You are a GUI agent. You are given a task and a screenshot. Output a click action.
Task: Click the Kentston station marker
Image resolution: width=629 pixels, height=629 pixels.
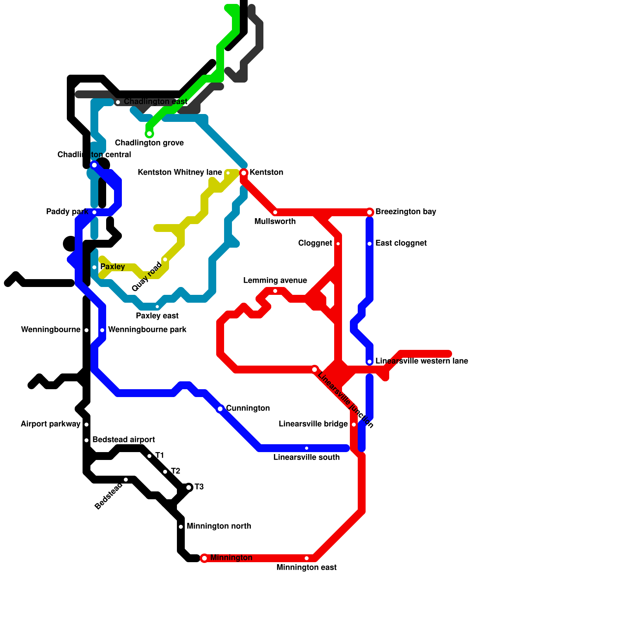pos(244,173)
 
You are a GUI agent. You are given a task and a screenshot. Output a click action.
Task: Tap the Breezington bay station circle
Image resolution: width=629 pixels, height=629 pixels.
pos(370,212)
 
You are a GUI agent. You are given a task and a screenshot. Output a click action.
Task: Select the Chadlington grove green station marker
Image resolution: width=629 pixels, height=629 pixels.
pos(149,134)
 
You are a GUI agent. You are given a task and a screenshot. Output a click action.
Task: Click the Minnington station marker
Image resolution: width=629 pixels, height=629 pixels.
pos(204,558)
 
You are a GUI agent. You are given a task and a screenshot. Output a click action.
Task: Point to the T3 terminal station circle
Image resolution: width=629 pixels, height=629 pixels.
pos(189,487)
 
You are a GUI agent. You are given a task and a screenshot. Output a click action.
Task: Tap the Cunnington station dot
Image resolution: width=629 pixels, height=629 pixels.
pos(220,409)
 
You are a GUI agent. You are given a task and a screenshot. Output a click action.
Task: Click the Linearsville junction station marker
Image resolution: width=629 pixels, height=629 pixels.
pos(314,370)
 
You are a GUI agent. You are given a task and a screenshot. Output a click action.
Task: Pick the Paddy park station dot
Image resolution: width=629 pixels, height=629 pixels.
pos(94,212)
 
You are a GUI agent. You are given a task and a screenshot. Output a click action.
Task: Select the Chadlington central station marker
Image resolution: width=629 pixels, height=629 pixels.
pos(94,165)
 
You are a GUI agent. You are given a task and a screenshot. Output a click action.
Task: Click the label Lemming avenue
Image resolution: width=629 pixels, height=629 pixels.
pos(275,280)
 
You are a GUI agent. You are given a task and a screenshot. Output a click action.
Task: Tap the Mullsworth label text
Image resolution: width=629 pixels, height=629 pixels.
pos(275,221)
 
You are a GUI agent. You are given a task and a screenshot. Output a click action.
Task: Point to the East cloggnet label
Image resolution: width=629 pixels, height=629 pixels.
pos(401,243)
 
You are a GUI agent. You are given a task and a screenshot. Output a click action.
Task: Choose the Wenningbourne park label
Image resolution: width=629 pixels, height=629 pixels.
pos(147,329)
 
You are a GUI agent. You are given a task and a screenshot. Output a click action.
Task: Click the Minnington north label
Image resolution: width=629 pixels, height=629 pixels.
pos(219,526)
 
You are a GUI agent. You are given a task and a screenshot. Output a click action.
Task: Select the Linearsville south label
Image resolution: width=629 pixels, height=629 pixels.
pos(306,457)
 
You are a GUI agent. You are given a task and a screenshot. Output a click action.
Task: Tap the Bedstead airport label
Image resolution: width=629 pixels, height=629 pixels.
pos(123,440)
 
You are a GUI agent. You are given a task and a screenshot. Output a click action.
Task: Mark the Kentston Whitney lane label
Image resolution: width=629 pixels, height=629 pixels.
pos(180,172)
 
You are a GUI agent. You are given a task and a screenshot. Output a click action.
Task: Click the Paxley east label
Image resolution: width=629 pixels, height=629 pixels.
pos(157,316)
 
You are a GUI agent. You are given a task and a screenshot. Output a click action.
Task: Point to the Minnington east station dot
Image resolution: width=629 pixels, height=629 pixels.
pos(307,558)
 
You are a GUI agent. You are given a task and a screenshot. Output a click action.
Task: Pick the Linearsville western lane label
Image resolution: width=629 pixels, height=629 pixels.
pos(421,361)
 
